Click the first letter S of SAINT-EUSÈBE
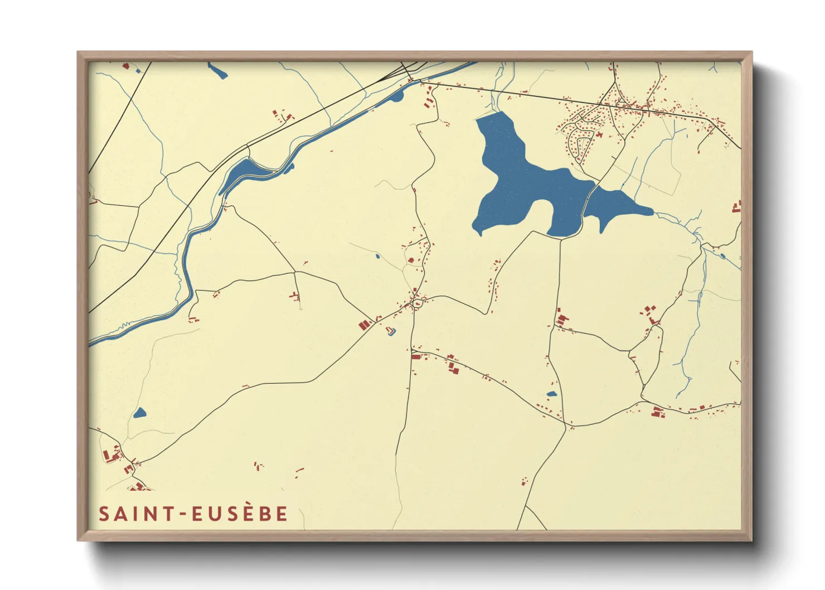point(103,514)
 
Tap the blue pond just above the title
point(139,413)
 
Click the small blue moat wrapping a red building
point(392,332)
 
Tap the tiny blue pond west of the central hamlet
point(377,257)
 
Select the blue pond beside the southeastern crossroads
point(551,394)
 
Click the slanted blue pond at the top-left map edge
point(217,71)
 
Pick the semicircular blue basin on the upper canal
point(397,97)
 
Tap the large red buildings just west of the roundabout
point(365,325)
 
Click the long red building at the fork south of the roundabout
point(415,356)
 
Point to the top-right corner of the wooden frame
point(751,52)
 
